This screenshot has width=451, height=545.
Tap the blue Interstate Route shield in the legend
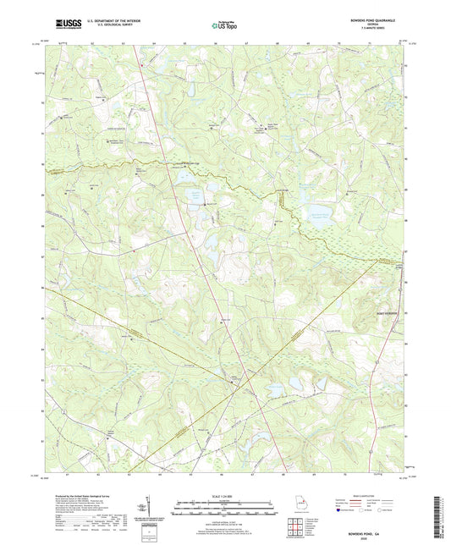tap(342, 511)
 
